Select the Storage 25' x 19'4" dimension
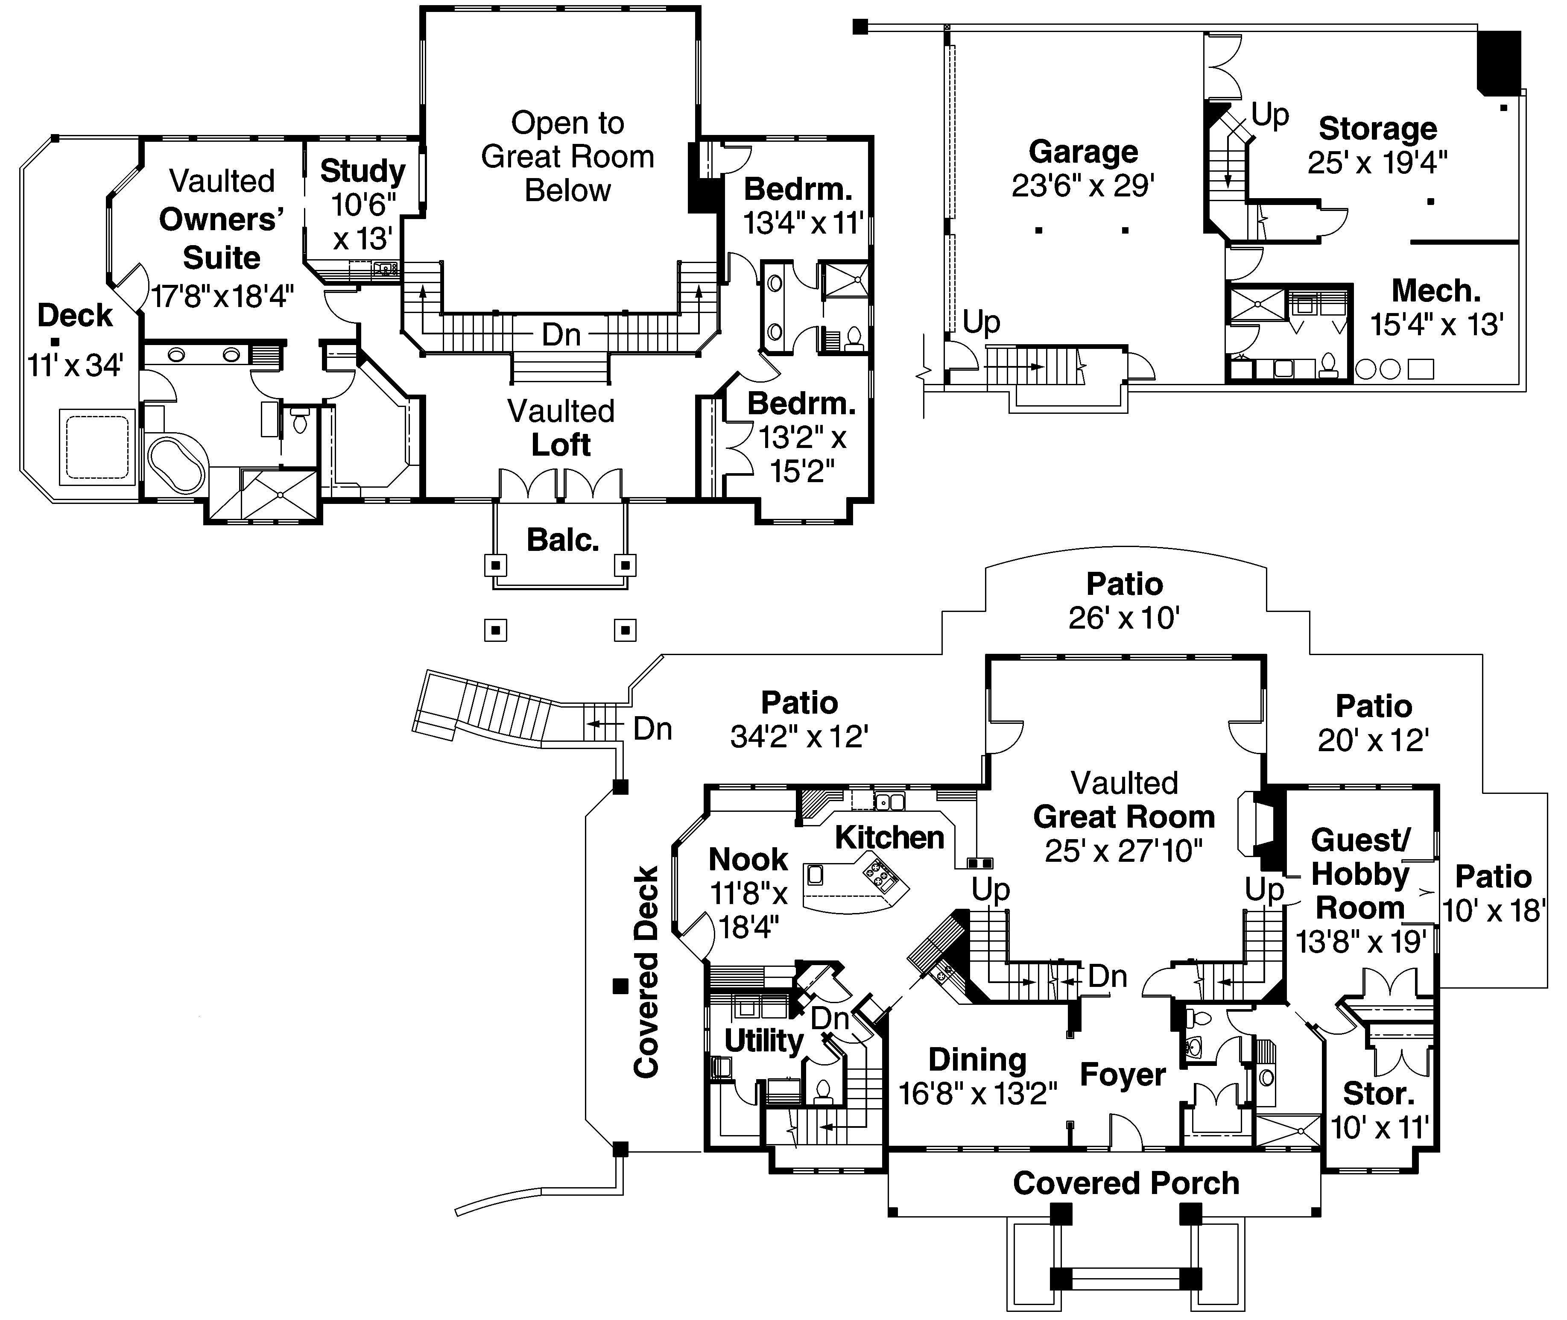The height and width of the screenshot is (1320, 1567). (1377, 162)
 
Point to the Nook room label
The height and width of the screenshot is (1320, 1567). (748, 859)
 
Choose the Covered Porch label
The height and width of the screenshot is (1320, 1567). (1126, 1183)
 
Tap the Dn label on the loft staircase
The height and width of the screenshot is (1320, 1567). (561, 334)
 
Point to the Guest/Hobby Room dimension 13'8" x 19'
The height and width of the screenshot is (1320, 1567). (1360, 941)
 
